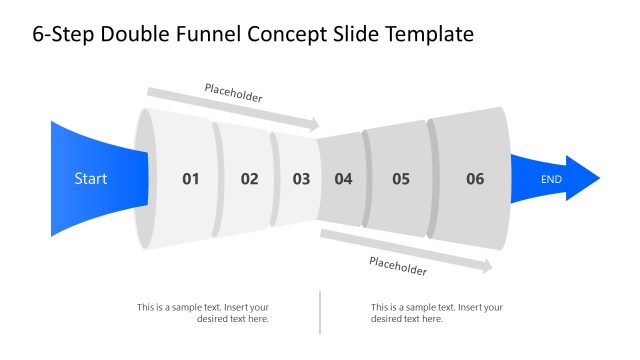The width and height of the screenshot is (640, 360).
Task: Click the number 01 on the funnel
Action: tap(190, 179)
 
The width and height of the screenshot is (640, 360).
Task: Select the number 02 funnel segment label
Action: tap(249, 179)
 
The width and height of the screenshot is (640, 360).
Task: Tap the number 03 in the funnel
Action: tap(301, 179)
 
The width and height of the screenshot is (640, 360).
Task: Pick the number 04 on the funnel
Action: tap(343, 179)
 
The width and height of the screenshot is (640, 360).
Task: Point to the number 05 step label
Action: tap(401, 179)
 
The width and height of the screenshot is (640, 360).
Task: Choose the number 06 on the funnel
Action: tap(475, 179)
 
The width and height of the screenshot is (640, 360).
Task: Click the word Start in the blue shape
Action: tap(91, 179)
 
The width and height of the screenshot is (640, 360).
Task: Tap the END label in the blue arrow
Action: tap(551, 179)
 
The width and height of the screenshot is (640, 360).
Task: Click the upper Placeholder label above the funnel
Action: tap(233, 93)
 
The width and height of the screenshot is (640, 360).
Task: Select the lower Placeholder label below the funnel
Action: tap(398, 266)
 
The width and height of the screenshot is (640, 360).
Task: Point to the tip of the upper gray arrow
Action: tap(318, 125)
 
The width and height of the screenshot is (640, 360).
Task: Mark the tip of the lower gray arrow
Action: tap(491, 267)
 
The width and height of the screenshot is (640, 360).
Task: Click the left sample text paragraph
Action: tap(203, 313)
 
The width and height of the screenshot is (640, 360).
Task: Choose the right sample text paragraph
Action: tap(436, 313)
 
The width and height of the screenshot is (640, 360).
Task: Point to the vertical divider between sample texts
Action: tap(320, 312)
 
